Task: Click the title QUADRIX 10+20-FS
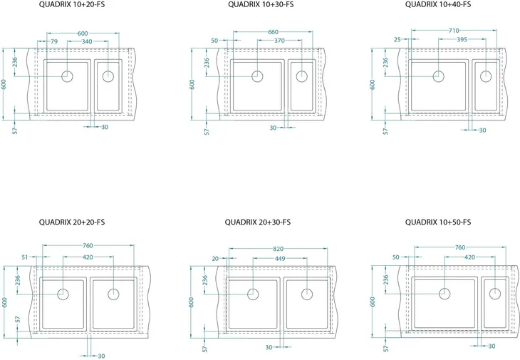point(72,5)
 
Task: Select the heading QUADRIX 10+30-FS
point(261,5)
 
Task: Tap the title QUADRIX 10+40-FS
point(438,5)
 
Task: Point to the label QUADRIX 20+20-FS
point(72,222)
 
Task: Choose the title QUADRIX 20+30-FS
point(258,222)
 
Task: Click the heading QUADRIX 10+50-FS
point(438,222)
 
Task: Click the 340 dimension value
point(87,41)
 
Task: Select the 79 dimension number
point(54,41)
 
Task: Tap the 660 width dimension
point(273,32)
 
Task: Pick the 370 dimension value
point(279,41)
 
